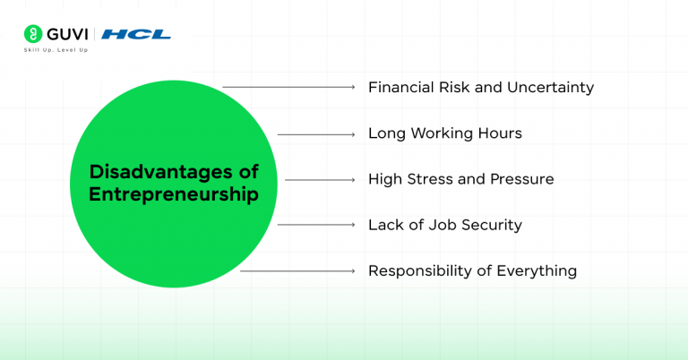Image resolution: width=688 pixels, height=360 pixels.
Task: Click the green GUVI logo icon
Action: coord(31,34)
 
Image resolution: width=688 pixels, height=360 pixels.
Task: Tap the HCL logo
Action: coord(136,34)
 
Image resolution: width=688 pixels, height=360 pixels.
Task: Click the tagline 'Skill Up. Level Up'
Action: coord(55,49)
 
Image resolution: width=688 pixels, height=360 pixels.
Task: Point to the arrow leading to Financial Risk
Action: coord(289,88)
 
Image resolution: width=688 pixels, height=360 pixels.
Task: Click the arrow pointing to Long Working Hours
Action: coord(316,134)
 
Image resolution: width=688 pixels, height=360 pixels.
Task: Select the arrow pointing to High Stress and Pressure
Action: coord(321,179)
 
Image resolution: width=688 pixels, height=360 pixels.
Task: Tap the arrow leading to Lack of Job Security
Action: coord(316,225)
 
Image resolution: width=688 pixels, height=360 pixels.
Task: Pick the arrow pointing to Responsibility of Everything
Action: coord(298,270)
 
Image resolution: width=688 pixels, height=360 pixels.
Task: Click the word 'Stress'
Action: coord(429,179)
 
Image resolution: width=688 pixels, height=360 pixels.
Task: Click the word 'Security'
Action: coord(490,225)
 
